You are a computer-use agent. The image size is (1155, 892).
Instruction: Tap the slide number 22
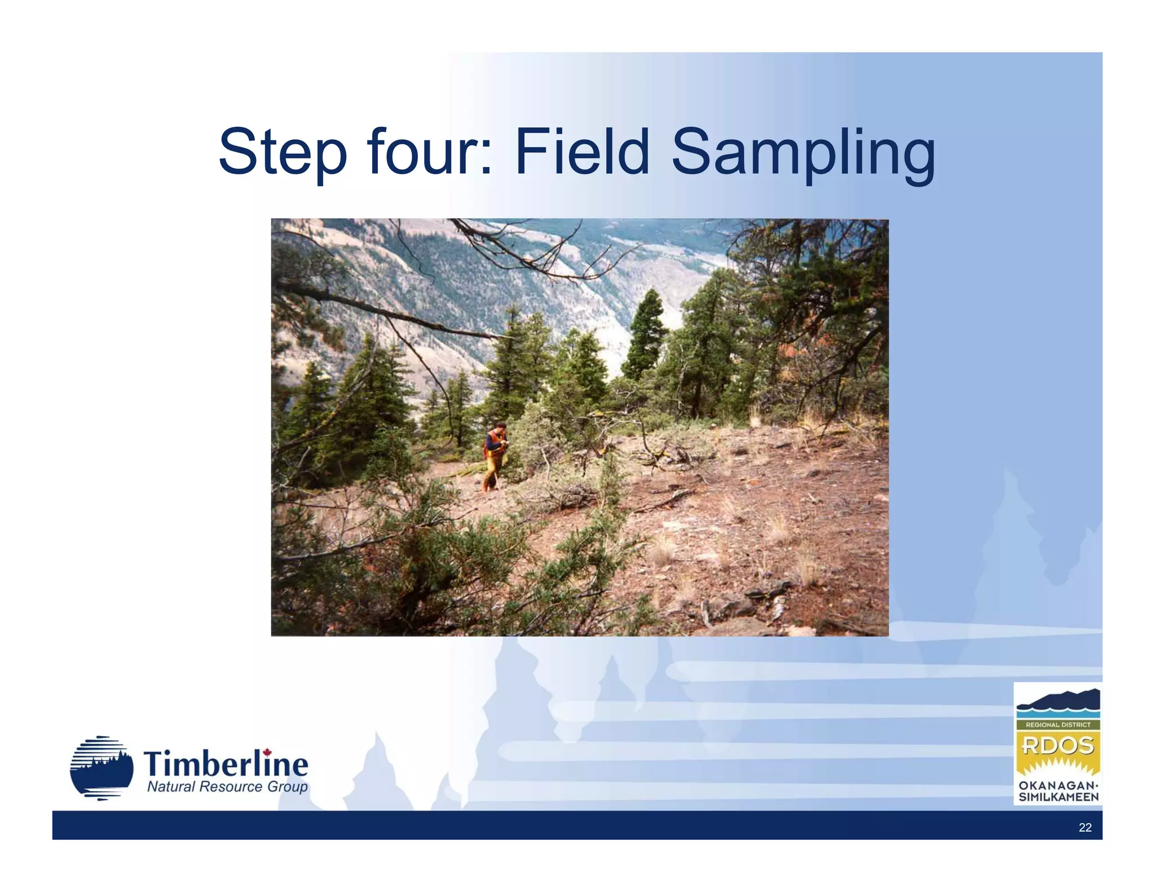tap(1085, 827)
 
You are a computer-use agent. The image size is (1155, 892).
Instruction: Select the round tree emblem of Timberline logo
tap(102, 768)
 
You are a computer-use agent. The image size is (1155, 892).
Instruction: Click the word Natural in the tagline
tap(171, 787)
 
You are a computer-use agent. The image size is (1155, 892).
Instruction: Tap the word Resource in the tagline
tap(231, 787)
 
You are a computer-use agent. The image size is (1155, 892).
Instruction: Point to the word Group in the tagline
tap(287, 788)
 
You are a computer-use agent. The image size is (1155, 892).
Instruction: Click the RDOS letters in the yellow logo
tap(1057, 745)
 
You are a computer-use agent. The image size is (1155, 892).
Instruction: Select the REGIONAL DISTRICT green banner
tap(1058, 725)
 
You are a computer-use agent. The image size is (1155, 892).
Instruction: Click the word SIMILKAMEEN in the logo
tap(1058, 797)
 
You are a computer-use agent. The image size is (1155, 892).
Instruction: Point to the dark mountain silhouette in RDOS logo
tap(1058, 700)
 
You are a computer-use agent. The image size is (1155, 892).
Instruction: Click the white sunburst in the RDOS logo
tap(1058, 766)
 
